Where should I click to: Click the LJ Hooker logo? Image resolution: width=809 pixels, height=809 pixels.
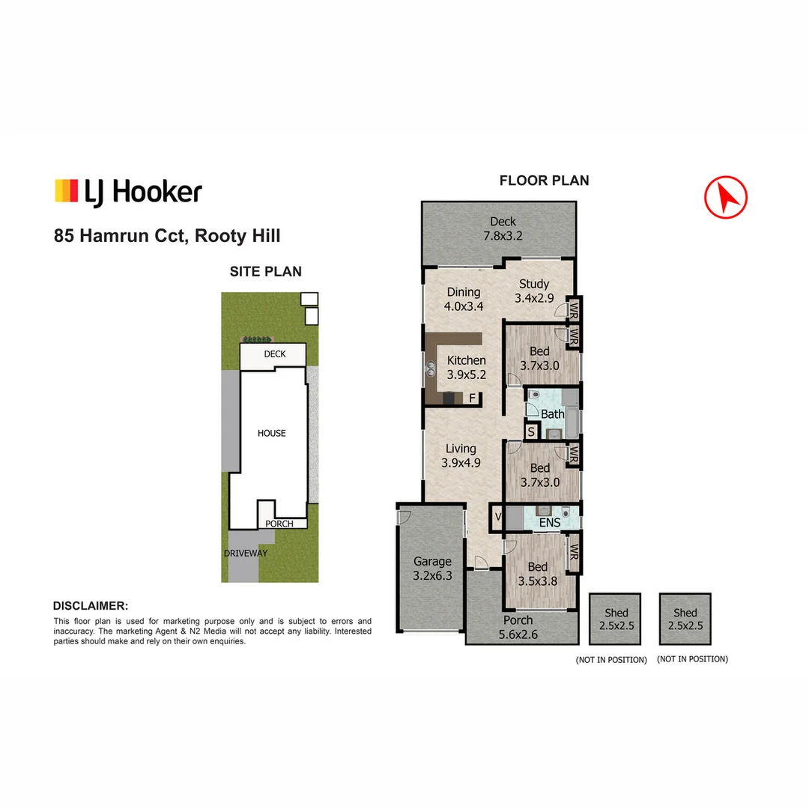coord(128,192)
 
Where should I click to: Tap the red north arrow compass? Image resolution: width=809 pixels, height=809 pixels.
coord(725,197)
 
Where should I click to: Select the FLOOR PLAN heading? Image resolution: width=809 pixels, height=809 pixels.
coord(544,181)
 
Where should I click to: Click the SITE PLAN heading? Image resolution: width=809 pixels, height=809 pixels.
coord(265,272)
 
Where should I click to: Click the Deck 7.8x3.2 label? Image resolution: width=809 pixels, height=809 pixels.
coord(503,228)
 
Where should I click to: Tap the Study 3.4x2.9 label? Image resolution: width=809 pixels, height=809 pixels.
coord(534,291)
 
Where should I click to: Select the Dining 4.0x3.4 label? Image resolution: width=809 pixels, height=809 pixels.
coord(464,299)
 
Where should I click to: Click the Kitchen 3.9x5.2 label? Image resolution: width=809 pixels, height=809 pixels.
coord(467,367)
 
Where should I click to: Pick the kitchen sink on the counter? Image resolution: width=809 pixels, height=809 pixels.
coord(433,368)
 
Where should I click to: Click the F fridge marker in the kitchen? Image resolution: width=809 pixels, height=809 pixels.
coord(473,398)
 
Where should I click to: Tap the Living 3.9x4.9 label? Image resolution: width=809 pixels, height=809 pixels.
coord(461,455)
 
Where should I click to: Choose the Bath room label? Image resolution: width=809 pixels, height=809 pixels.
coord(553,414)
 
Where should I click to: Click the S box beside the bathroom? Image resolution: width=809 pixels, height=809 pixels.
coord(531,431)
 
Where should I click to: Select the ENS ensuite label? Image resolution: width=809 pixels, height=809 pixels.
coord(550,523)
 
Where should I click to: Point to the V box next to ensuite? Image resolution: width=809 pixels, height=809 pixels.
coord(497,518)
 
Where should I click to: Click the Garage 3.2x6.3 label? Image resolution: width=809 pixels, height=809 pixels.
coord(433,569)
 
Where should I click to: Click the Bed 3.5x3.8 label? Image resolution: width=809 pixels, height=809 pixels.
coord(538,574)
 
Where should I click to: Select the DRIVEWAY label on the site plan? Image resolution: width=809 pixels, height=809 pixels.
coord(245,554)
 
